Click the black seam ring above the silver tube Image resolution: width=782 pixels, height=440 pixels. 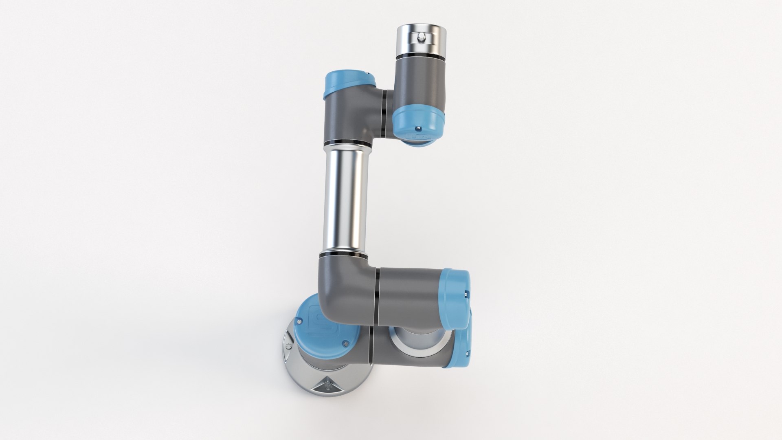tap(347, 144)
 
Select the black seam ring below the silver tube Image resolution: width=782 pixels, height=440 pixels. tap(343, 255)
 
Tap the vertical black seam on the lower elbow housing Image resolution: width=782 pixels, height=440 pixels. tap(377, 296)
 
